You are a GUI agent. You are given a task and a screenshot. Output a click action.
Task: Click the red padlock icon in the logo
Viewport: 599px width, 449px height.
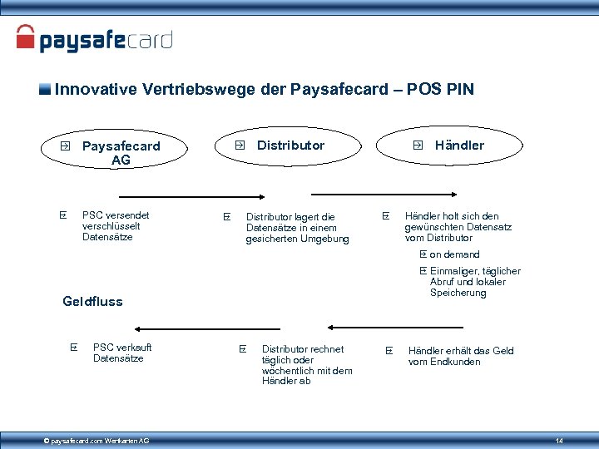coord(27,38)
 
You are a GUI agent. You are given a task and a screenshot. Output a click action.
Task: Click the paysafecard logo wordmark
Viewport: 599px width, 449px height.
coord(106,40)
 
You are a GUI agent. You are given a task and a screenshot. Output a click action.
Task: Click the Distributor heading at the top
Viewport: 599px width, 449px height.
coord(290,146)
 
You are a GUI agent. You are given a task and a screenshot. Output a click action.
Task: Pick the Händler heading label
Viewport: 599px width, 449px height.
coord(458,146)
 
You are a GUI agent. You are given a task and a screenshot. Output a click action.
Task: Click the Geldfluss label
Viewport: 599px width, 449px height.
coord(92,302)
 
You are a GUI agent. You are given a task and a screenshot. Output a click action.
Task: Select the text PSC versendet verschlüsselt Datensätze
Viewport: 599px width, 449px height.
coord(116,226)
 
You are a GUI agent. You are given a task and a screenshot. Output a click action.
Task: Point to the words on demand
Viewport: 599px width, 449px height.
coord(454,254)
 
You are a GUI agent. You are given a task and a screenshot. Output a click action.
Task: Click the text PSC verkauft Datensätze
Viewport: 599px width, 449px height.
coord(122,353)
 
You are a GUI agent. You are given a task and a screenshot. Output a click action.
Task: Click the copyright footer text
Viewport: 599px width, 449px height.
coord(97,440)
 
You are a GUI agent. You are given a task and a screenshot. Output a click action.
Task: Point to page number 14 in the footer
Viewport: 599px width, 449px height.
coord(559,440)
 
